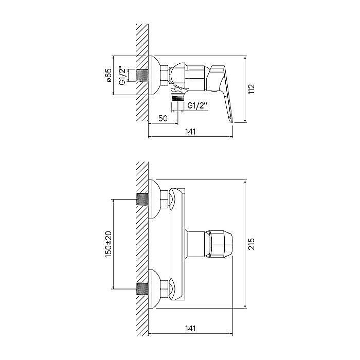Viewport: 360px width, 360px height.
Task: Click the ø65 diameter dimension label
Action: point(109,75)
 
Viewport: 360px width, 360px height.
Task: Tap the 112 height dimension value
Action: point(251,89)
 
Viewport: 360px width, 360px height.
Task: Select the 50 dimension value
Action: point(163,118)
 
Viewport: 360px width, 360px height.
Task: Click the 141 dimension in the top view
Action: point(190,132)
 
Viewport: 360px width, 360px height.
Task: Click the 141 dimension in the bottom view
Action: point(190,329)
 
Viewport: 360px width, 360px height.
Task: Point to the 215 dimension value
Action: point(251,244)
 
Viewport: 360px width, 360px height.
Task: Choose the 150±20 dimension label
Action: point(108,244)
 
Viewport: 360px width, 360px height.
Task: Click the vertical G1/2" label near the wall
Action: point(123,75)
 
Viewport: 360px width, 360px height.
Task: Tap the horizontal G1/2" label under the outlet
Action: point(197,105)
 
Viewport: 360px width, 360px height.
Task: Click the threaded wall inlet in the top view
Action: point(142,75)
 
